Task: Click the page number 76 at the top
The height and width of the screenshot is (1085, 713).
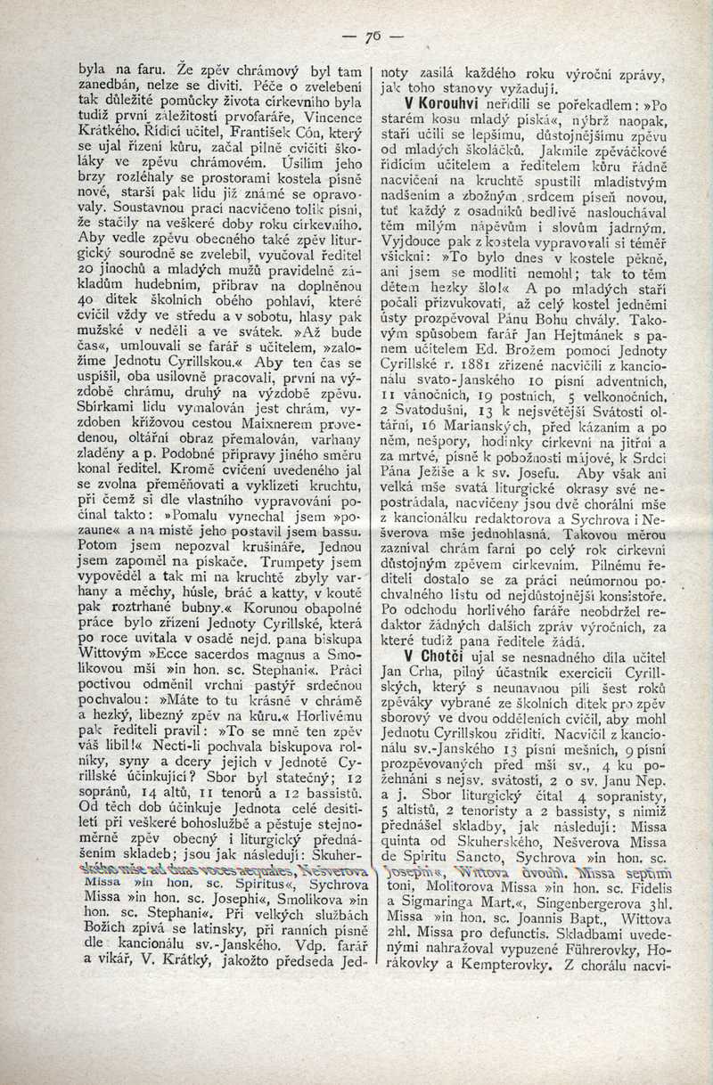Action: pos(373,37)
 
